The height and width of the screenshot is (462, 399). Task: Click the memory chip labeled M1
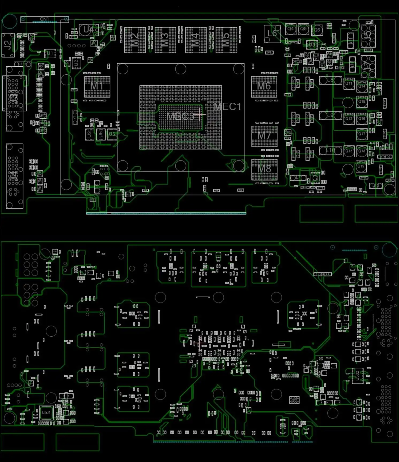[x=97, y=87]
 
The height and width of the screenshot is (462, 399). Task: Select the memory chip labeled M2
[x=135, y=40]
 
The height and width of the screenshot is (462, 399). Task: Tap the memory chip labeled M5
[x=226, y=40]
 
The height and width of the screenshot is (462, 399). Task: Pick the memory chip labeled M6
[x=264, y=87]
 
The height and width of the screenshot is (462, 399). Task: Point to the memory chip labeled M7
[x=264, y=136]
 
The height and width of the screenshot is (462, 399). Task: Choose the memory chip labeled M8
[x=264, y=170]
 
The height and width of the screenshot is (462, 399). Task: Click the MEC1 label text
[x=228, y=107]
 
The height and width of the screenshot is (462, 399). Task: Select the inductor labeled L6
[x=272, y=34]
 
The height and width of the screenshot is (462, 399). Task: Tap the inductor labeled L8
[x=331, y=80]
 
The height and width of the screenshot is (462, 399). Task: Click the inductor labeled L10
[x=331, y=151]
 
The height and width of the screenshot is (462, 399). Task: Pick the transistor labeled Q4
[x=290, y=29]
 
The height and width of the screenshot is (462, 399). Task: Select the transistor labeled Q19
[x=361, y=167]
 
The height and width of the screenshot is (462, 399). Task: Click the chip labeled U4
[x=88, y=30]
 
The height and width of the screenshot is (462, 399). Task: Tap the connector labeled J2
[x=8, y=45]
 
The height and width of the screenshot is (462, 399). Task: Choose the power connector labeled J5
[x=368, y=36]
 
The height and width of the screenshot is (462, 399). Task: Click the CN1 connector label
[x=44, y=19]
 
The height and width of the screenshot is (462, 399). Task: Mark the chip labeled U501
[x=46, y=413]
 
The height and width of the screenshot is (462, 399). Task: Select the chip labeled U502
[x=358, y=376]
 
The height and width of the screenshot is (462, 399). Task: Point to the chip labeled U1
[x=50, y=53]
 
